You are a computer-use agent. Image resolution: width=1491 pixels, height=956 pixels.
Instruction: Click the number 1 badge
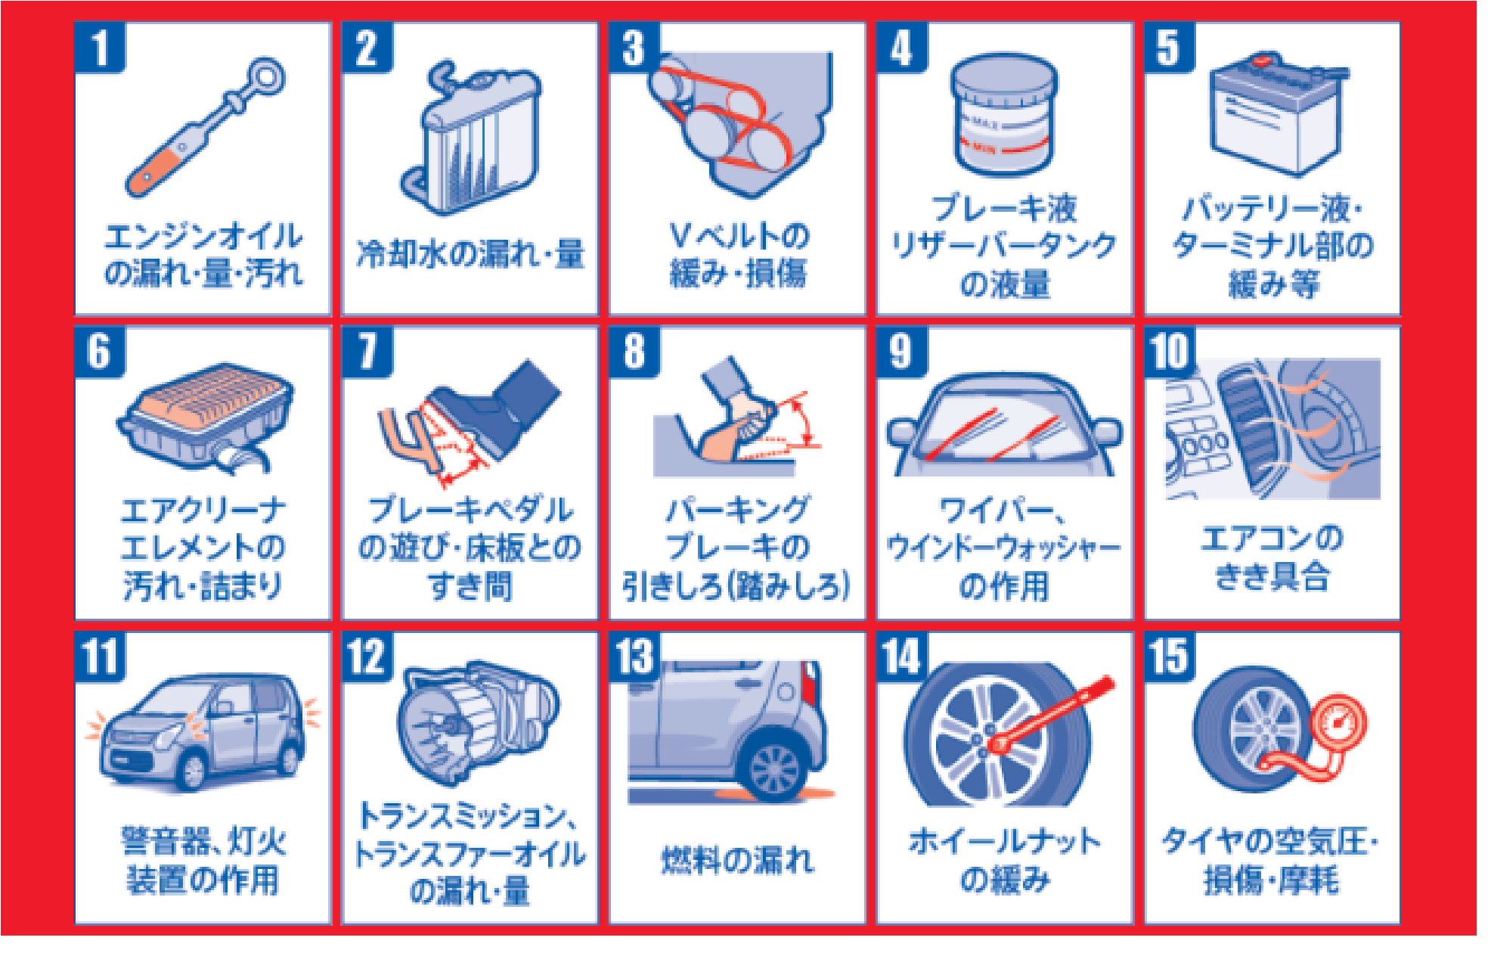tap(100, 47)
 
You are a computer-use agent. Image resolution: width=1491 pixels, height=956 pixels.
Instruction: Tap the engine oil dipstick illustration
tap(205, 127)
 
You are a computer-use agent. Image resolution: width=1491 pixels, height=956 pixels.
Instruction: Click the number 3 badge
tap(634, 47)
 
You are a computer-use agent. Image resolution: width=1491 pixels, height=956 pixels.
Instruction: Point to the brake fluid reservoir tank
tap(1004, 115)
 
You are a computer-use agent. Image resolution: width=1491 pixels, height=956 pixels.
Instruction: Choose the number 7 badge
tap(367, 352)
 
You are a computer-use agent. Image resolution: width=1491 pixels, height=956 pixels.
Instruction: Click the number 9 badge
tap(901, 352)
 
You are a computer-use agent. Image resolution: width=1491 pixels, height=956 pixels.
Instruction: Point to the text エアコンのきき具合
tap(1272, 558)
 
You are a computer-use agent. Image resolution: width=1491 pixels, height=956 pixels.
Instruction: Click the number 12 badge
tap(367, 656)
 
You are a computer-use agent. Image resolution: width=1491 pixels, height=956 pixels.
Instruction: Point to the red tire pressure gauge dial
tap(1338, 723)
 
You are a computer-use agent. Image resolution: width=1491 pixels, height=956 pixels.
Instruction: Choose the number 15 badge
tap(1169, 656)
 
